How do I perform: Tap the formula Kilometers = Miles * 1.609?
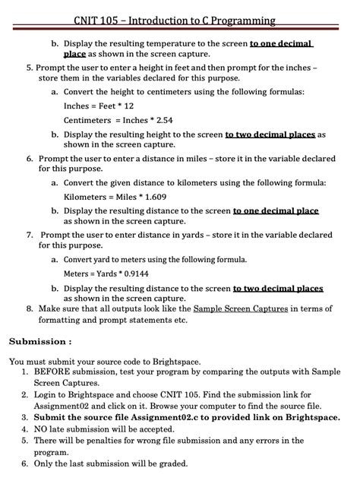point(115,197)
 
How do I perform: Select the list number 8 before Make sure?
point(29,309)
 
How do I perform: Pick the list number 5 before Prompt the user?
point(29,68)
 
